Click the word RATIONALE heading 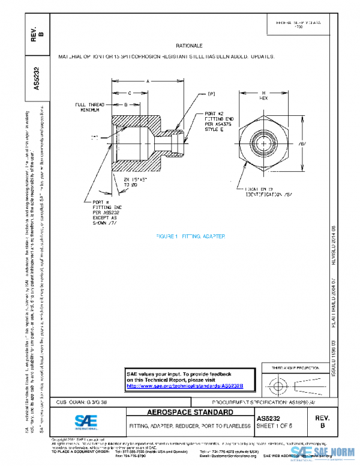[x=190, y=46]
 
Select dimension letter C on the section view [x=130, y=93]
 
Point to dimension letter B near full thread [x=126, y=104]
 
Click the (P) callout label [x=211, y=94]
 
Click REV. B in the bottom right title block [x=323, y=420]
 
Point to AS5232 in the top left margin [x=37, y=77]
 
